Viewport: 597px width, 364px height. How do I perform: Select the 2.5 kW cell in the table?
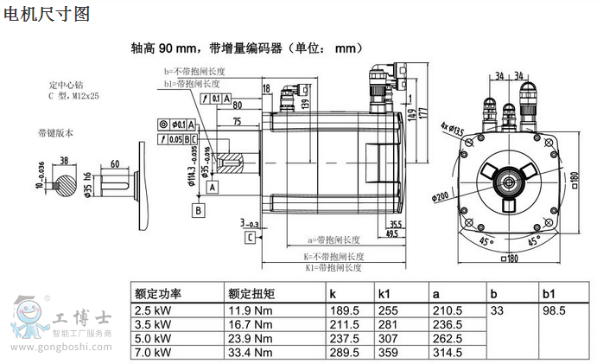pos(151,310)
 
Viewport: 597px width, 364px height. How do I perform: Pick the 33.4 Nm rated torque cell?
pos(251,352)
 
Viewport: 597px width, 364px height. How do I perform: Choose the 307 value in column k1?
pos(388,338)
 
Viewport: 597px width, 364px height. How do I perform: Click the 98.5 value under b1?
pos(554,310)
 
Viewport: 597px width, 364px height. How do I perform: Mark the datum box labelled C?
pos(250,236)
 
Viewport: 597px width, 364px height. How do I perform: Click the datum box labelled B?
pos(199,209)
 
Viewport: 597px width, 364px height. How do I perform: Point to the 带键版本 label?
pos(55,132)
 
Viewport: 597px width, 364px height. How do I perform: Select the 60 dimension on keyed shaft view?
pos(115,163)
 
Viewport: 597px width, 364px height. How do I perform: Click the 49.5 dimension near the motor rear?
pos(391,233)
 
